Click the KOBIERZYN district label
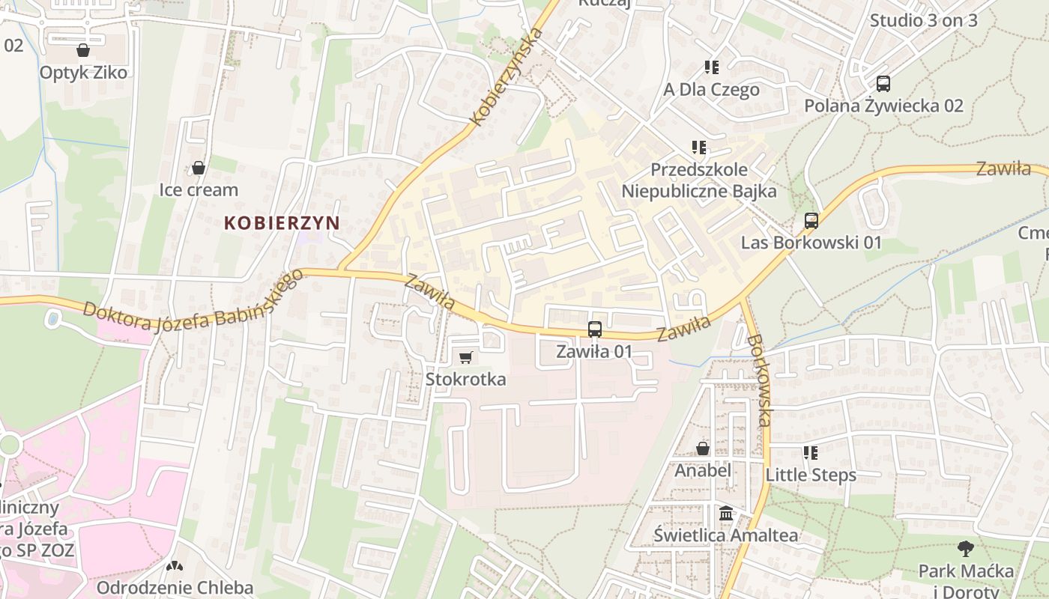coord(281,222)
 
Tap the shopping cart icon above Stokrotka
coord(465,357)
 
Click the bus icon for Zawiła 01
coord(594,329)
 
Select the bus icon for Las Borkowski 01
coord(811,221)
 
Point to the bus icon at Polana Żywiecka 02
coord(883,84)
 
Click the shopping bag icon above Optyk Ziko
coord(83,50)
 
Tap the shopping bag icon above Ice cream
coord(199,168)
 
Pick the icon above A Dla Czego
coord(712,67)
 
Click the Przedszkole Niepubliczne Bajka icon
coord(699,148)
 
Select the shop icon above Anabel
coord(703,449)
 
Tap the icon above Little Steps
coord(810,453)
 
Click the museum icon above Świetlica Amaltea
coord(725,514)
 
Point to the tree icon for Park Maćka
coord(966,549)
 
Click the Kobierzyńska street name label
coord(507,76)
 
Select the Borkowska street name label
coord(758,380)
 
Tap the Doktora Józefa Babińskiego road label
coord(193,299)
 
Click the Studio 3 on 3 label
coord(923,20)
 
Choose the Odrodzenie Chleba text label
coord(175,587)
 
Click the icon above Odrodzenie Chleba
coord(175,567)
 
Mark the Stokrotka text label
coord(465,379)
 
